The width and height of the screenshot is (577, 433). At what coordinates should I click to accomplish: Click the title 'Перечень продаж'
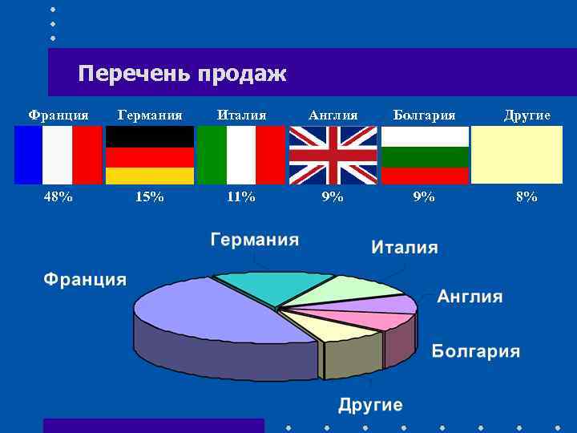[x=182, y=75]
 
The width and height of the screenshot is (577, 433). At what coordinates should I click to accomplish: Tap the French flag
[x=59, y=156]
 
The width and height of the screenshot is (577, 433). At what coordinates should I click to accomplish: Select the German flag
[x=150, y=156]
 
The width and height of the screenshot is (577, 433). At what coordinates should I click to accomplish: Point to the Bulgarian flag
[x=424, y=156]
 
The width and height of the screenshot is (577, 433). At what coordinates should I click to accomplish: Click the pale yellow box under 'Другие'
[x=516, y=156]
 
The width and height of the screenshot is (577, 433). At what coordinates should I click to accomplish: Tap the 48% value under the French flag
[x=58, y=196]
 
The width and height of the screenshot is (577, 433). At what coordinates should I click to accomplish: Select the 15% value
[x=150, y=196]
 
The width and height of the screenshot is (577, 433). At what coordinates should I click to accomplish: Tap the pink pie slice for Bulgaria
[x=377, y=320]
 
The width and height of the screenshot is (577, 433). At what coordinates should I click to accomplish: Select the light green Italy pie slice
[x=345, y=289]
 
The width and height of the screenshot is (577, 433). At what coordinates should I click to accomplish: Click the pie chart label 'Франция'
[x=84, y=280]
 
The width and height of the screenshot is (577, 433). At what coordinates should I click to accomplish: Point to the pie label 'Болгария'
[x=476, y=351]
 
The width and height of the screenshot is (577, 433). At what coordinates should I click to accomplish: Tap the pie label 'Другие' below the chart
[x=370, y=405]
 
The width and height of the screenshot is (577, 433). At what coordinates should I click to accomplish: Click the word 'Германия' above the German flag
[x=150, y=115]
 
